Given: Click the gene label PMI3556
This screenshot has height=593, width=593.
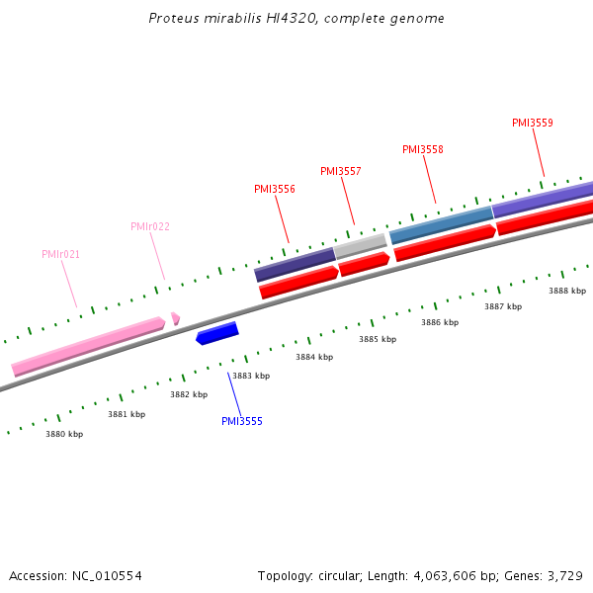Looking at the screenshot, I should [x=275, y=189].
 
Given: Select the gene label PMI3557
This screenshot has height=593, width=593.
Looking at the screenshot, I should [x=341, y=171].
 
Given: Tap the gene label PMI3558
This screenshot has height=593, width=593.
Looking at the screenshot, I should [x=423, y=149].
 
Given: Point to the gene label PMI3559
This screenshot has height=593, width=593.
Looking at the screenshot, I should [x=533, y=124].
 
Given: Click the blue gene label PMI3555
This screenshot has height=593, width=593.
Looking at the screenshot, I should [x=242, y=421].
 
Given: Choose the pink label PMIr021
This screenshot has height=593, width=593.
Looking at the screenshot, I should [x=61, y=254].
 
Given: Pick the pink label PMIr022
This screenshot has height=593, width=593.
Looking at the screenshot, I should [x=150, y=226].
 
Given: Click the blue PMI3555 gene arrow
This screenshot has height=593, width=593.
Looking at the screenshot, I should [x=217, y=333].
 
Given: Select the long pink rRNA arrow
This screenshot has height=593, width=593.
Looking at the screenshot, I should [x=87, y=345].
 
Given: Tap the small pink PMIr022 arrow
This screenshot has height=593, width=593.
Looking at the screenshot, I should [x=175, y=318].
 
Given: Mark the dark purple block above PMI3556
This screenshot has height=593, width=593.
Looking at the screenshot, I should [x=295, y=264].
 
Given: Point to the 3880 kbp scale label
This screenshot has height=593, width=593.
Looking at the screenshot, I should [x=64, y=434].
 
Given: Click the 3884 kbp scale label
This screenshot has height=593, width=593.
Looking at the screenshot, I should [x=314, y=357].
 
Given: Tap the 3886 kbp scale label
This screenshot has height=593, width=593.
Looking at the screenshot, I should [x=440, y=322].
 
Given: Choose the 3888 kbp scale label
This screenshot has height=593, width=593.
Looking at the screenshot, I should [x=567, y=291].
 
